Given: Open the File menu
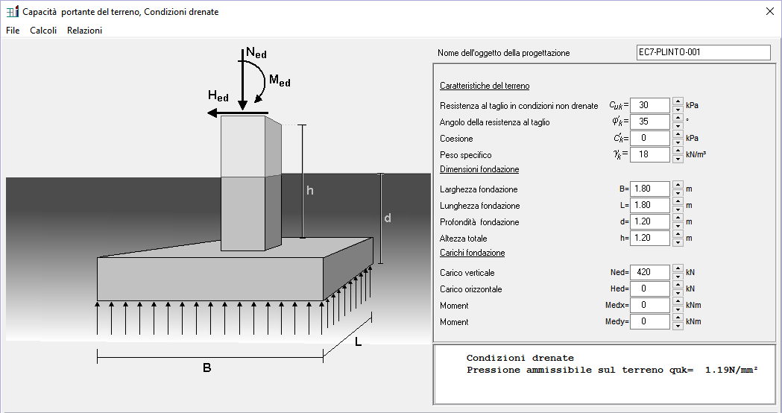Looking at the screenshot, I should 13,31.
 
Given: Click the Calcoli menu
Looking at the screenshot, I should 43,31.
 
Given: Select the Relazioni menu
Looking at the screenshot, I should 84,31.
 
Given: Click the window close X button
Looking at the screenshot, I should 770,11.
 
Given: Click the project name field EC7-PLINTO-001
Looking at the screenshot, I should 702,52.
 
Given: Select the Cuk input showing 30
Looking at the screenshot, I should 649,105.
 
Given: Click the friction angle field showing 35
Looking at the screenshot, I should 649,122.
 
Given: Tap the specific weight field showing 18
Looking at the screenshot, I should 649,154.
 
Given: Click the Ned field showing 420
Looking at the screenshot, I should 649,272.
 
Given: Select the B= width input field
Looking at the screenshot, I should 649,189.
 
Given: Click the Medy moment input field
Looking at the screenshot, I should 649,321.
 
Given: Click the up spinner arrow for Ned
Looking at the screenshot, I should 677,268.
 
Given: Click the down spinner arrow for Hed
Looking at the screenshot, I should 677,292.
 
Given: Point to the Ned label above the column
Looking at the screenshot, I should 256,54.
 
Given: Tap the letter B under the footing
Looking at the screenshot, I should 207,368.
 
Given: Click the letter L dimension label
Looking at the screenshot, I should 359,342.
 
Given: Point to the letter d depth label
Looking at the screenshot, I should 388,218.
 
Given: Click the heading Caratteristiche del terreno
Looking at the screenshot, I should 485,86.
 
